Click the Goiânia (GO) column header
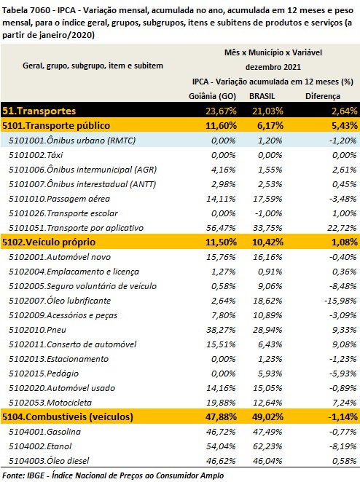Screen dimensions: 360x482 click(x=212, y=96)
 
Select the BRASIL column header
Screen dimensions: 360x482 click(x=262, y=96)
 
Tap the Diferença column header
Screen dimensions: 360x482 click(x=322, y=97)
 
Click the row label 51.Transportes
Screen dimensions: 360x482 click(x=39, y=111)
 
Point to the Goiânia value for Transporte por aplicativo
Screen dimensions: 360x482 click(x=221, y=228)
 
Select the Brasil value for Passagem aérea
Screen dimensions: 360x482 click(x=267, y=199)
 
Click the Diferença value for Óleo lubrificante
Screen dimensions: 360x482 click(x=340, y=301)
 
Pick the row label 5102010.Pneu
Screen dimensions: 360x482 click(x=37, y=330)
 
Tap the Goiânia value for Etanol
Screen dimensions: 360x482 click(x=221, y=446)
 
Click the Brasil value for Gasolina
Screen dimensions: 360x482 click(x=267, y=432)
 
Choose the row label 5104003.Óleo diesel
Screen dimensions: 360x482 click(x=49, y=460)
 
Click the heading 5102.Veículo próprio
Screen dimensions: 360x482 click(x=49, y=242)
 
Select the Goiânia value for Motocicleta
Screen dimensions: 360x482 click(x=221, y=403)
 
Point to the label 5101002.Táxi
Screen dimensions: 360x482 click(x=36, y=155)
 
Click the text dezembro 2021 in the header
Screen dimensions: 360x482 click(x=273, y=67)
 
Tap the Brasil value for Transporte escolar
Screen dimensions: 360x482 click(x=268, y=213)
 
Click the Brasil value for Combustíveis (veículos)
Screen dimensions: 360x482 click(x=267, y=416)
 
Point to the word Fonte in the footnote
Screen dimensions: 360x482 click(x=12, y=475)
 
